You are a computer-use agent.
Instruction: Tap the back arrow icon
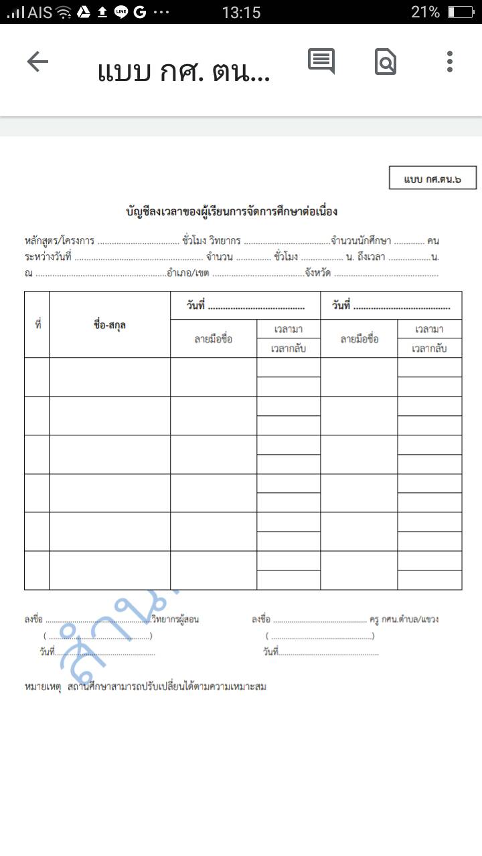tap(37, 62)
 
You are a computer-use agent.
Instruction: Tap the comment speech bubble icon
tap(321, 62)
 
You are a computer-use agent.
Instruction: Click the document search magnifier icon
tap(386, 62)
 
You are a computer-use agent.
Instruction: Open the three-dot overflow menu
tap(450, 62)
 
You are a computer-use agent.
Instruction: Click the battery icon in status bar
tap(461, 12)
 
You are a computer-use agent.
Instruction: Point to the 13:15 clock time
tap(241, 12)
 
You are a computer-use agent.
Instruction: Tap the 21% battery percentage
tap(425, 12)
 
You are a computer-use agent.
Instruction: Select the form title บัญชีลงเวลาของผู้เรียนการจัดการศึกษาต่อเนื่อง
tap(232, 212)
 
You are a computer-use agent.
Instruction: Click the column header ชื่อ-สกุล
tap(110, 325)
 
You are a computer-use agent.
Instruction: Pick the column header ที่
tap(37, 325)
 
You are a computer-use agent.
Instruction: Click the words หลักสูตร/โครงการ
tap(59, 241)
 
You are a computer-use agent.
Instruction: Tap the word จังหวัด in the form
tap(319, 273)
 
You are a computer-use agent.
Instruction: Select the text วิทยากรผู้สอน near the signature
tap(175, 619)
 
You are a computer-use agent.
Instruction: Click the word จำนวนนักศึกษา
tap(361, 241)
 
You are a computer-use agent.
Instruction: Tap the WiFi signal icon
tap(64, 12)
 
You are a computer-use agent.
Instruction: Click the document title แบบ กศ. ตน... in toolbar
tap(183, 71)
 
